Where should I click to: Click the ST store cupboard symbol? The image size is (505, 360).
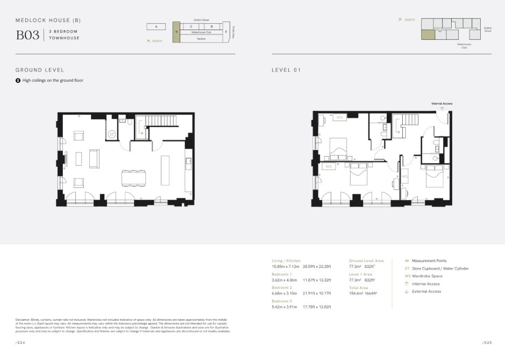point(112,134)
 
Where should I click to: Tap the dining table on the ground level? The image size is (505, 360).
point(133,178)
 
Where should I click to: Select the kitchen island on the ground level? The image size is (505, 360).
point(165,170)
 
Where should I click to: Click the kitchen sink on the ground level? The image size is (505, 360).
point(188,160)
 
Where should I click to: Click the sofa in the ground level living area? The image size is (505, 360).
point(94,158)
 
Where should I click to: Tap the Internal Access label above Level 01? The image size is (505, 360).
point(442,103)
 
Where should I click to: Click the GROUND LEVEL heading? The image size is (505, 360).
point(40,70)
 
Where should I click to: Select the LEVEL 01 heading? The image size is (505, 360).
point(286,70)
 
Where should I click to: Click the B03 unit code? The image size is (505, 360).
point(27,35)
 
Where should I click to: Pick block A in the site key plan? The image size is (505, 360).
point(156,26)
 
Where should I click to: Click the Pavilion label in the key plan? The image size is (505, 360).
point(201,39)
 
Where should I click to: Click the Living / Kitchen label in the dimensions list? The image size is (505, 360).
point(286,261)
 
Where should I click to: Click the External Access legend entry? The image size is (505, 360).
point(426,291)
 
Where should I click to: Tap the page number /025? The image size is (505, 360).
point(487,342)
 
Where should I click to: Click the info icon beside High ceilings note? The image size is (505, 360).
point(18,80)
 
